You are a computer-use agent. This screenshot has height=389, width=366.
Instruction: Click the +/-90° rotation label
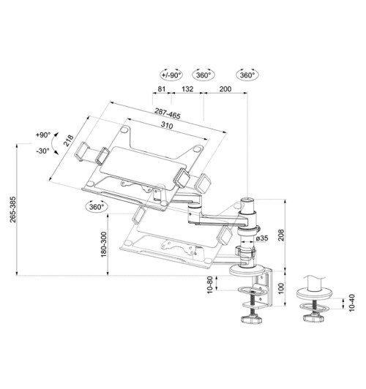point(172,75)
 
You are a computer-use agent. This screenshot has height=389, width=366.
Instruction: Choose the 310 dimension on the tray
point(167,126)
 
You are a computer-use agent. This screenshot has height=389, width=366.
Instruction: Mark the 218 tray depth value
point(68,140)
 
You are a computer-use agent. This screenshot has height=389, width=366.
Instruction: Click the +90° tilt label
point(42,136)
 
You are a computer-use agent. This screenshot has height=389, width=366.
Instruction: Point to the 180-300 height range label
point(105,243)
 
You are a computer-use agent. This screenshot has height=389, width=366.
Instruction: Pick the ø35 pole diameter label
point(265,238)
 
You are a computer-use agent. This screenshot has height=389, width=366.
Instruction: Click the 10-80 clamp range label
point(210,286)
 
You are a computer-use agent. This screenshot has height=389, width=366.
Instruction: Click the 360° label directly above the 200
point(246,75)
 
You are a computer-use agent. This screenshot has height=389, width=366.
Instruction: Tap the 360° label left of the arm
point(96,207)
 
